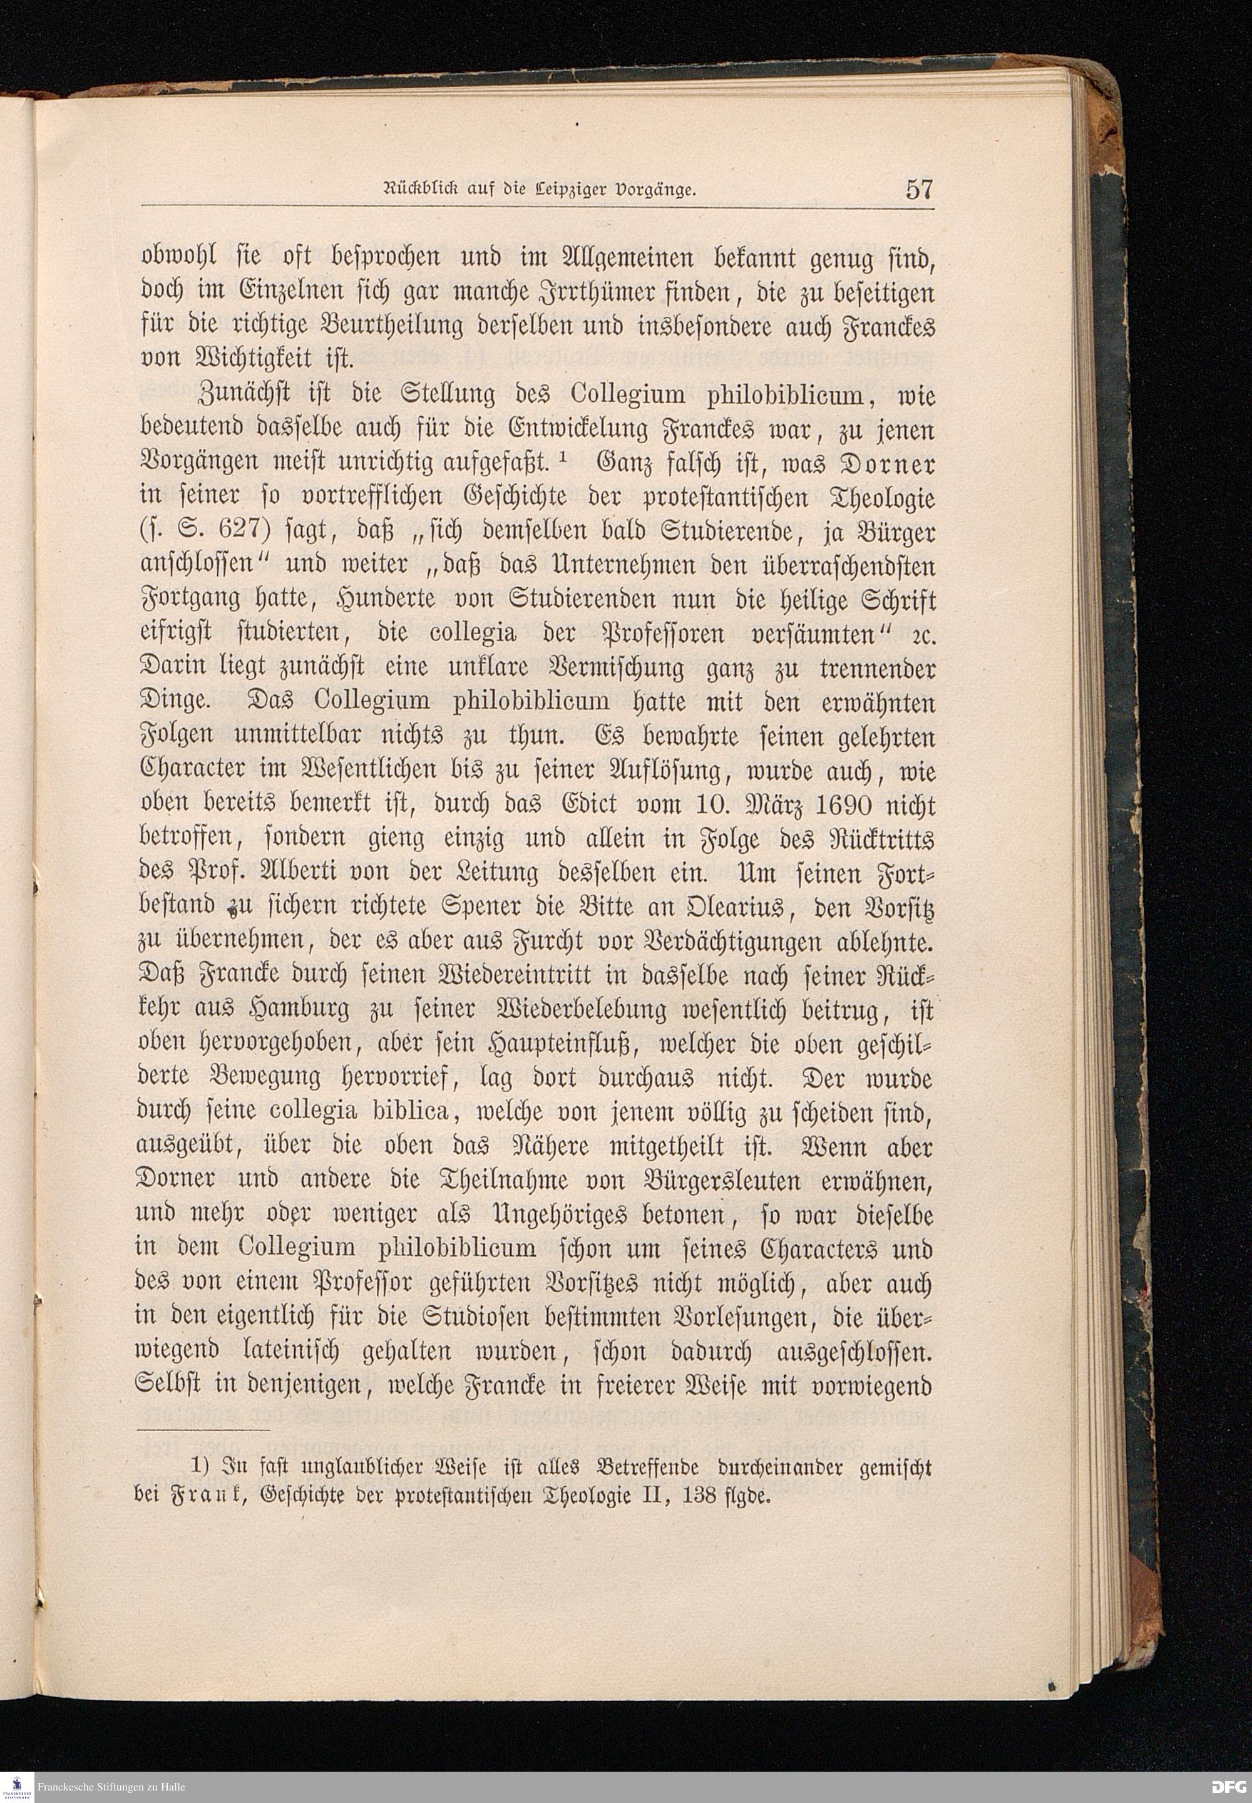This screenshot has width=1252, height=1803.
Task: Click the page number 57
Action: [918, 190]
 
